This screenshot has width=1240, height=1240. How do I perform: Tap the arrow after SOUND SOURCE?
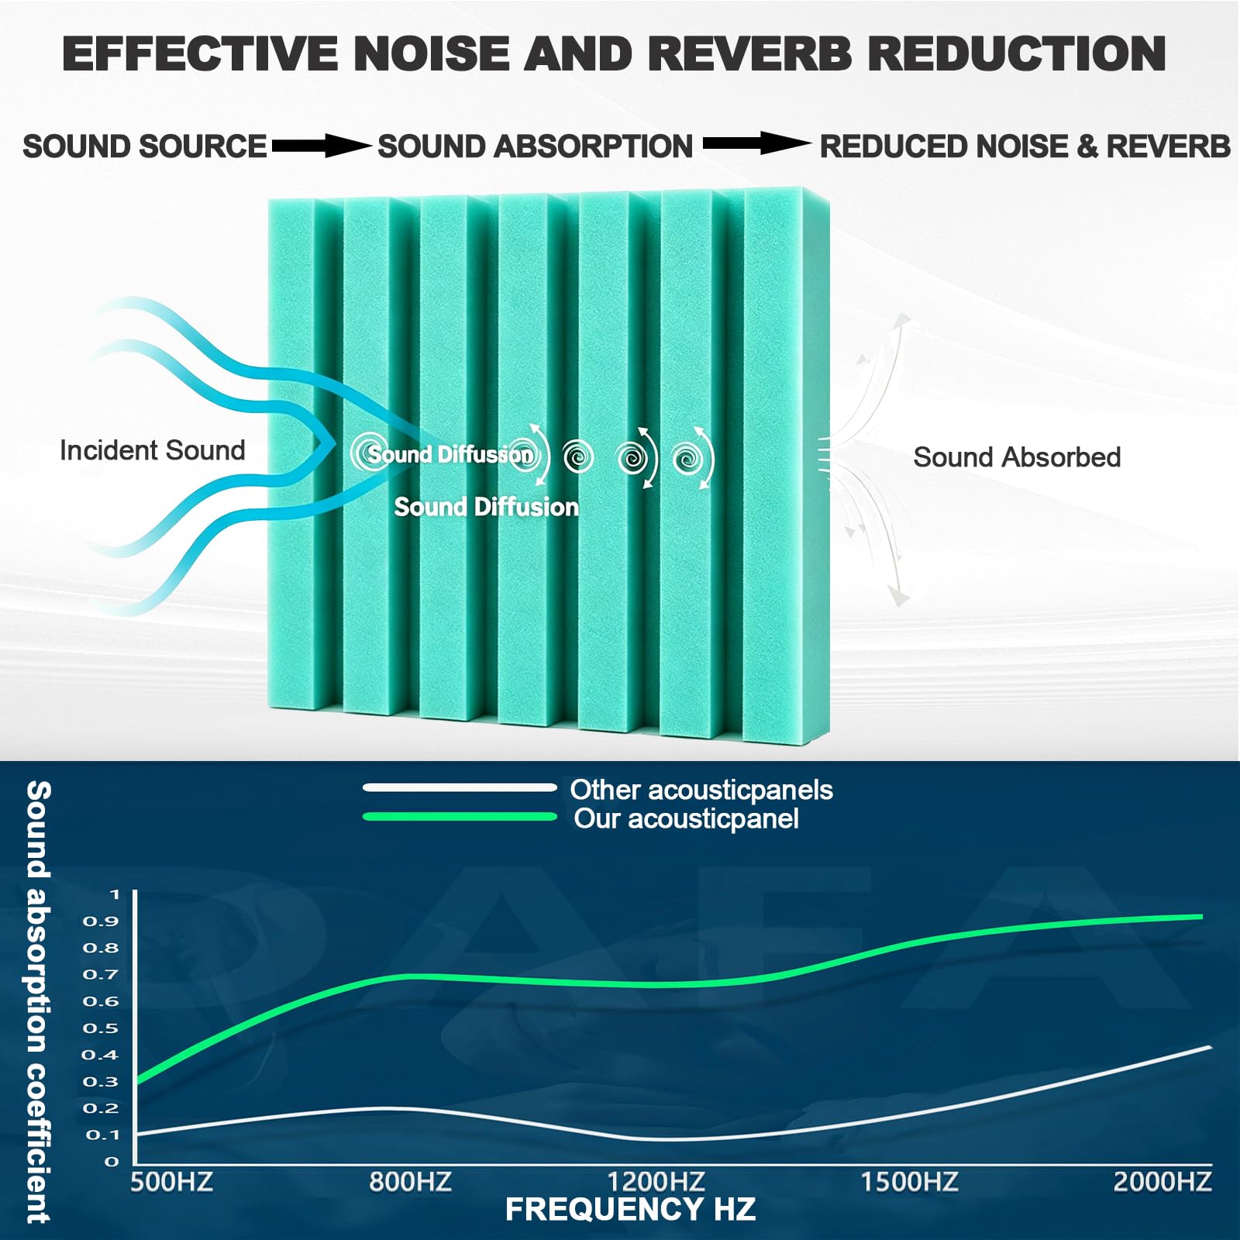pos(321,145)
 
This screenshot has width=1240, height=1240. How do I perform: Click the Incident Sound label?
pos(153,450)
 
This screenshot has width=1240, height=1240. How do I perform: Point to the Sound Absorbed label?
pos(1017,457)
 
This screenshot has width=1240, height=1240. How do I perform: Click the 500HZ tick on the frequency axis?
pos(171,1182)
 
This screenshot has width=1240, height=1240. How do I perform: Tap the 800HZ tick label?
pos(410,1182)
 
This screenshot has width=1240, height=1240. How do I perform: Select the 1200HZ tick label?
pos(656,1182)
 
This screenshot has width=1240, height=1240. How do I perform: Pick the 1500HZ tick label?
pos(910,1182)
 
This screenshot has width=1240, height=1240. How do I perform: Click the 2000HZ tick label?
pos(1162,1182)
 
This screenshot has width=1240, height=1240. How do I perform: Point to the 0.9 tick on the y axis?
pos(101,921)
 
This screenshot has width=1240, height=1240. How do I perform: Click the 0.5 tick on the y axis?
pos(101,1028)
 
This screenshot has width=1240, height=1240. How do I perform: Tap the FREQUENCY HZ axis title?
pos(630,1210)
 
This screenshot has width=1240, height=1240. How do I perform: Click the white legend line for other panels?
pos(460,787)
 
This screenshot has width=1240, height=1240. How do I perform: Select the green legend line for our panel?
pos(460,816)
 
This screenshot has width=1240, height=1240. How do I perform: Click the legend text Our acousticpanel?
pos(686,819)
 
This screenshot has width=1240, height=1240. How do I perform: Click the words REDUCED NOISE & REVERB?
pos(1025,146)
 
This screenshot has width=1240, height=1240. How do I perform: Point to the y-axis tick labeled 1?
pos(115,894)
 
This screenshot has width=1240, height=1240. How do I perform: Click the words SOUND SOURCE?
pos(144,146)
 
